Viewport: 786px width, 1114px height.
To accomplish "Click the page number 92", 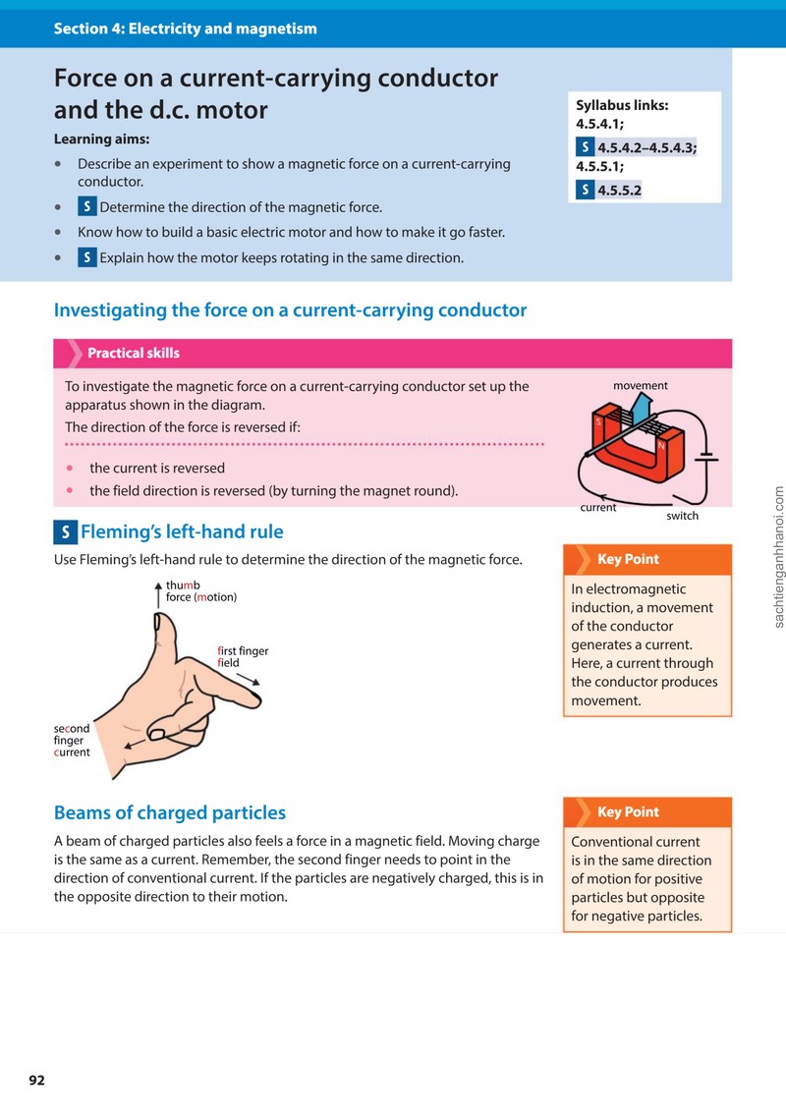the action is coord(37,1080).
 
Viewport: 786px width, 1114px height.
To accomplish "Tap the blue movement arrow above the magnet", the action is coord(641,410).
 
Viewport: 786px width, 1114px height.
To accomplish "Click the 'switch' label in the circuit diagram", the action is coord(682,516).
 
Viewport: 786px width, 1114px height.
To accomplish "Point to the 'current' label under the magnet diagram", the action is coord(598,507).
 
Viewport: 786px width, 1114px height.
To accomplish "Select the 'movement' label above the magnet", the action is coord(641,385).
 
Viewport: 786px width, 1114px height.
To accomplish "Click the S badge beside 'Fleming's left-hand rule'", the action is coord(66,532).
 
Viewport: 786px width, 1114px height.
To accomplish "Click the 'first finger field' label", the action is coord(243,656).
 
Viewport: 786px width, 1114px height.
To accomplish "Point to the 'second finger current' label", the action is coord(72,741).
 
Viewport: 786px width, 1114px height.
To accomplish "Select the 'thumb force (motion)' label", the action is coord(201,591).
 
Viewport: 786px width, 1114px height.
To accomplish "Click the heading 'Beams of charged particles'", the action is coord(170,812).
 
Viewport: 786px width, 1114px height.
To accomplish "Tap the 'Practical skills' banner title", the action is coord(134,353).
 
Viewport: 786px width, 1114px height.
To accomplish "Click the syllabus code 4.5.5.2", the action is coord(620,190).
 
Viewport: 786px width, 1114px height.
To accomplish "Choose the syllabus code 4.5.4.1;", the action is coord(599,124).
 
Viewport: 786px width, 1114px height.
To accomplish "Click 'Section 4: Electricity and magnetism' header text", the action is coord(186,28).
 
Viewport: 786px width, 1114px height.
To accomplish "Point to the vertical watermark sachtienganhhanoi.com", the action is coord(779,557).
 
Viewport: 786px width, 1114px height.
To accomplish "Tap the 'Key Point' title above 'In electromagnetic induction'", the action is coord(628,559).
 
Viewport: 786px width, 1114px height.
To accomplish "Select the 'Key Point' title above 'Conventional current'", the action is coord(628,812).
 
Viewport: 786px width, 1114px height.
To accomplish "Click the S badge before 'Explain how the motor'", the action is coord(86,257).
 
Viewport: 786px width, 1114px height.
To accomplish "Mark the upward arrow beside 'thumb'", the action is coord(158,594).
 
